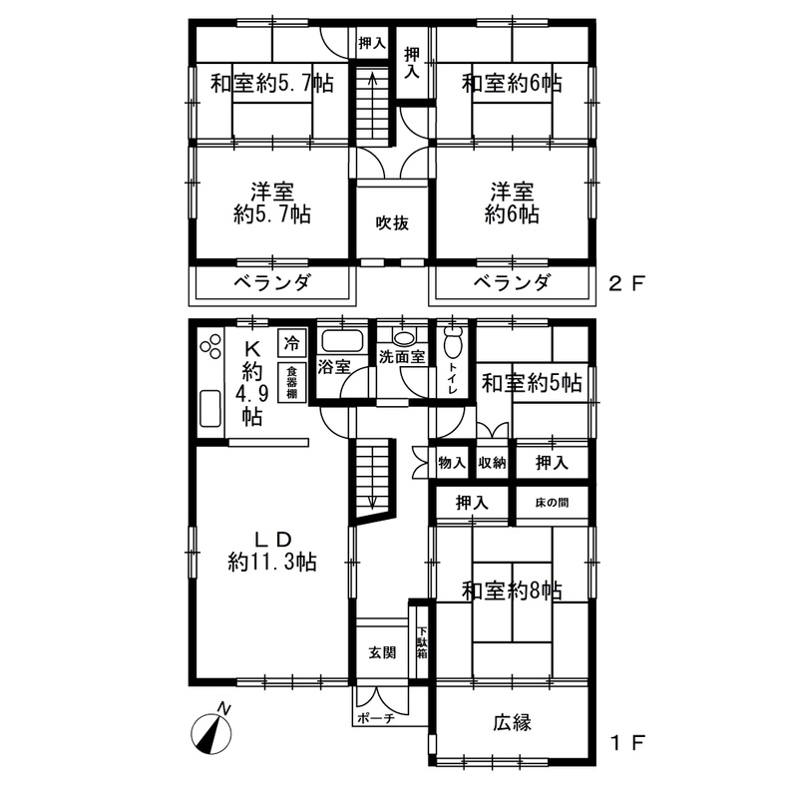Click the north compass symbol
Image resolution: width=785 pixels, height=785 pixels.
pos(211,732)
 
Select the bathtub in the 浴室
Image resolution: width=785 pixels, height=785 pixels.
pos(341,341)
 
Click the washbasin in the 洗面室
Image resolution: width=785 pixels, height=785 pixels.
pos(403,337)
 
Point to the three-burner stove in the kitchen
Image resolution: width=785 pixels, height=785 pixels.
pos(210,346)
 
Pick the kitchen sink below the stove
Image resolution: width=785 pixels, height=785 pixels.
pos(210,409)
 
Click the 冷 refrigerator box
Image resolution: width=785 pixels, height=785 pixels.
pos(291,343)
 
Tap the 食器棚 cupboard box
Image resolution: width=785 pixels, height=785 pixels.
pos(291,382)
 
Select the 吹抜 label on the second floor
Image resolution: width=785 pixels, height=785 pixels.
pos(393,223)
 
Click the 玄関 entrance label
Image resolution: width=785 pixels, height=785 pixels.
pos(382,652)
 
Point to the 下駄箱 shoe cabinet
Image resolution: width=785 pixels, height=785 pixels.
pos(423,642)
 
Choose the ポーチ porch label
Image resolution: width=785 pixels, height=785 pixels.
pos(376,718)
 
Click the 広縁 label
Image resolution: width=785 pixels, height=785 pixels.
pos(512,722)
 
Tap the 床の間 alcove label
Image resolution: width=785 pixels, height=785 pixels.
pos(552,502)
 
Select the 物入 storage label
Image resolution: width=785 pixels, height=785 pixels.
pos(452,463)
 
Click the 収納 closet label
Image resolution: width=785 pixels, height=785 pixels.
pos(492,463)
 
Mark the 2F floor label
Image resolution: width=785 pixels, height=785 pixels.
pos(625,284)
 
